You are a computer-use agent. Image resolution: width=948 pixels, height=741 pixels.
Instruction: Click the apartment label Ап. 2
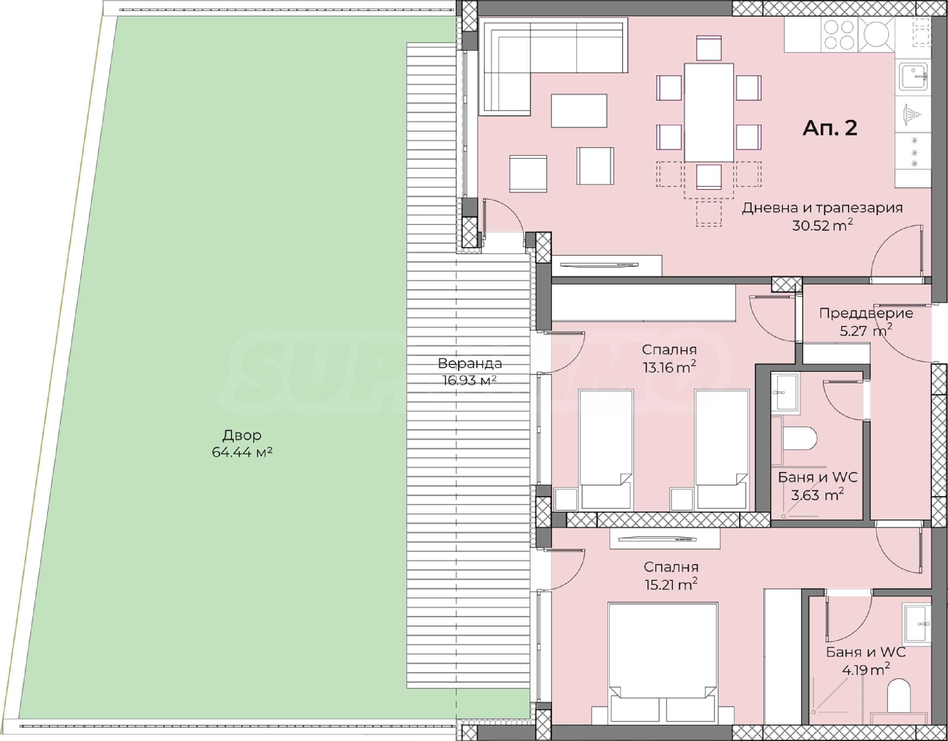coord(830,128)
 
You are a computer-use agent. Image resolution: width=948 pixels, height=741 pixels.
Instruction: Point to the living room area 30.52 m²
coord(822,225)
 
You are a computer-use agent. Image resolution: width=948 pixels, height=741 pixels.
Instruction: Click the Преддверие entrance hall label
coord(866,313)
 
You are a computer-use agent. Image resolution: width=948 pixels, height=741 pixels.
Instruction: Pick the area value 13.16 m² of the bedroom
coord(669,367)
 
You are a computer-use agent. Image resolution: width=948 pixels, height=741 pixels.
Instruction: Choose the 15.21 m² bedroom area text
coord(671,585)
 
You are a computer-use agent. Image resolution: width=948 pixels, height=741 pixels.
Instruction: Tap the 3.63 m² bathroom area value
coord(817,494)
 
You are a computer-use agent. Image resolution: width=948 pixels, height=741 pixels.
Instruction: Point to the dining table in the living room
coord(708,113)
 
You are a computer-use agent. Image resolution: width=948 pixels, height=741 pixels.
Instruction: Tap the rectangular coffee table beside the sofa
coord(579,111)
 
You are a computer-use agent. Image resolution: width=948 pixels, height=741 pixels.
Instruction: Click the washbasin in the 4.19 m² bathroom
coord(916,624)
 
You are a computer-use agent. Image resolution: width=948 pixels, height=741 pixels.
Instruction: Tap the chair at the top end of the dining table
coord(708,49)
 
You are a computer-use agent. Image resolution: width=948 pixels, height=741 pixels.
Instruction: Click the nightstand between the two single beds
coord(681,499)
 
